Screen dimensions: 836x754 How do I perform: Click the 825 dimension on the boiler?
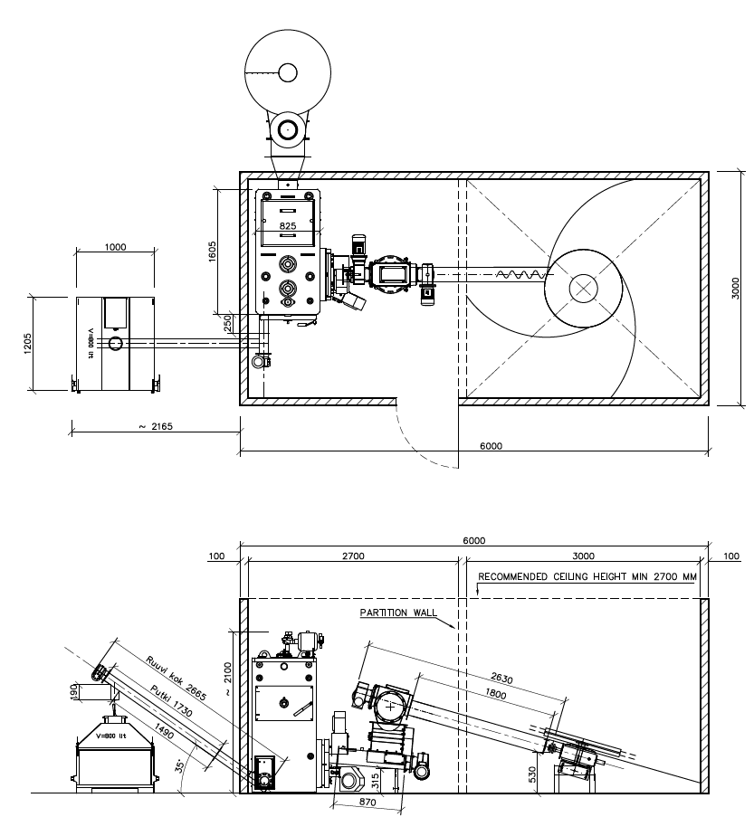[x=288, y=225]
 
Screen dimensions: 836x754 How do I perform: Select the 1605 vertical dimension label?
[x=212, y=251]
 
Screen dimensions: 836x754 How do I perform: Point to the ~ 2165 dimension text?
[x=156, y=426]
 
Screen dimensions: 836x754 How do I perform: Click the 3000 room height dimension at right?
[x=736, y=288]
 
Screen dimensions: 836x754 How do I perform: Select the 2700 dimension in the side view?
[x=353, y=556]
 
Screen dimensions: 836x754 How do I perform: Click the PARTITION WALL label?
[x=396, y=613]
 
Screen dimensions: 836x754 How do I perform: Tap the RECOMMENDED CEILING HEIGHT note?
[x=587, y=576]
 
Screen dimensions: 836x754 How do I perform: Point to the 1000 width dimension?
[x=116, y=246]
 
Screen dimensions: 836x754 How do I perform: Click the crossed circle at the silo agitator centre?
[x=583, y=289]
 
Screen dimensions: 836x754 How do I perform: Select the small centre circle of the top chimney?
[x=288, y=72]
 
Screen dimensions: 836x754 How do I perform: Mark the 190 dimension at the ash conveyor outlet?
[x=73, y=691]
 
